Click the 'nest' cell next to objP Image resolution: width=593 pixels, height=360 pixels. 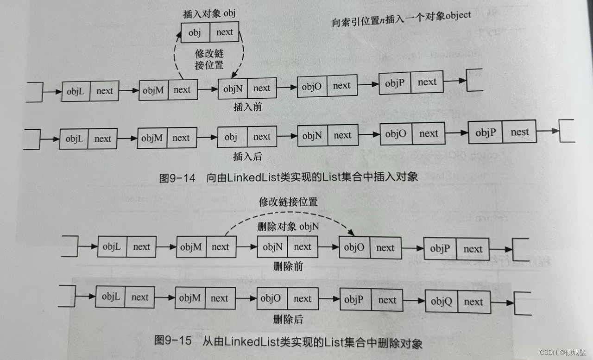pyautogui.click(x=519, y=132)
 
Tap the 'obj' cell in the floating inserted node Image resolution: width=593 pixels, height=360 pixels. pyautogui.click(x=195, y=32)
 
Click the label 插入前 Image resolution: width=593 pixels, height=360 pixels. pyautogui.click(x=248, y=106)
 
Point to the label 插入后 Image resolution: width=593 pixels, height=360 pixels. pyautogui.click(x=247, y=156)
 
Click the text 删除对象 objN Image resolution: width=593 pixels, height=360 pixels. pyautogui.click(x=288, y=227)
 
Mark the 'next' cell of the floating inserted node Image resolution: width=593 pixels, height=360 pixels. pyautogui.click(x=225, y=32)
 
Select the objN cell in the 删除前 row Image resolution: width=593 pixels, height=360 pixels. pyautogui.click(x=272, y=247)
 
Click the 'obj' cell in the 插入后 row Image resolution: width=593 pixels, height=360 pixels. pyautogui.click(x=231, y=137)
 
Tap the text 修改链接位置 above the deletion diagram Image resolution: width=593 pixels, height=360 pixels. pyautogui.click(x=288, y=202)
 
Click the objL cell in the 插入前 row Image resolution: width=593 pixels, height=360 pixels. pyautogui.click(x=76, y=91)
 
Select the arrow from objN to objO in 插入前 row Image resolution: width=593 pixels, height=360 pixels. pyautogui.click(x=287, y=88)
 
